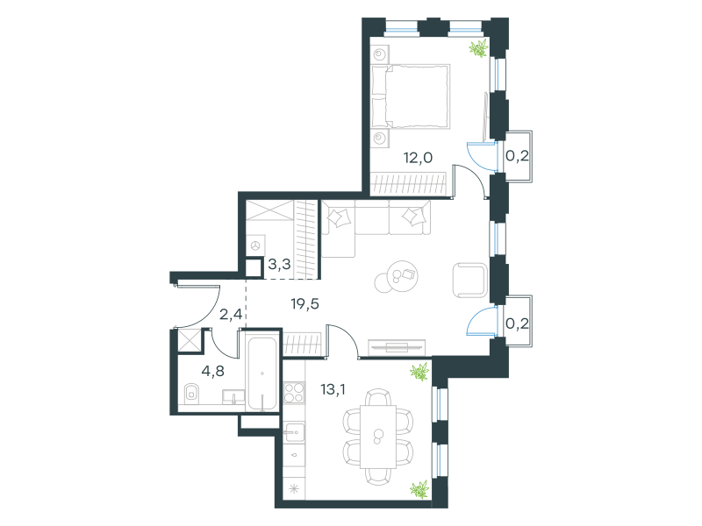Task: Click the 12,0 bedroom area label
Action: (418, 158)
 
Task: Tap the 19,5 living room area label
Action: (304, 304)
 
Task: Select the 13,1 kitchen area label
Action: (333, 389)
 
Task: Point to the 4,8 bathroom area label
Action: (212, 371)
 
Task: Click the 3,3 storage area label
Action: (279, 265)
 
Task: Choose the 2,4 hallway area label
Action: (231, 315)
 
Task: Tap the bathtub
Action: (262, 374)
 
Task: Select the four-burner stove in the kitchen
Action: (294, 392)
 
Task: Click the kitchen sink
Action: (294, 432)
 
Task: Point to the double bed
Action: (411, 96)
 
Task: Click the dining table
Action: (378, 437)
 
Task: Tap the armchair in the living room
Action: (470, 280)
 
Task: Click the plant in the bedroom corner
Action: (478, 48)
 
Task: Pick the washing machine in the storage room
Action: (255, 245)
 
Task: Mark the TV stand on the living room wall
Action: (397, 346)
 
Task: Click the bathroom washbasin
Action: (233, 397)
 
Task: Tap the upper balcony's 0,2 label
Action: (517, 156)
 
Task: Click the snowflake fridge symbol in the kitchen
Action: (294, 489)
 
